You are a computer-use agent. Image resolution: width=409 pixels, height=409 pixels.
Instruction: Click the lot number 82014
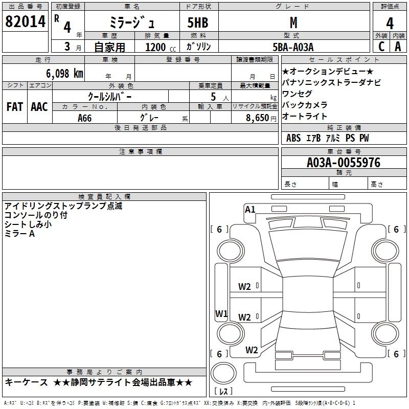click(x=25, y=22)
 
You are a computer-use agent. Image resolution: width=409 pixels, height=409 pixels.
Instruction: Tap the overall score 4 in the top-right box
click(x=390, y=23)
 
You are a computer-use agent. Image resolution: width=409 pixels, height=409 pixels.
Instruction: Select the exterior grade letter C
click(x=381, y=46)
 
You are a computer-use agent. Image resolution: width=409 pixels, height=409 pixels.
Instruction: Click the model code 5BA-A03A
click(x=293, y=47)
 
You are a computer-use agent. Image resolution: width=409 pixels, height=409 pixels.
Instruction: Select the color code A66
click(x=85, y=118)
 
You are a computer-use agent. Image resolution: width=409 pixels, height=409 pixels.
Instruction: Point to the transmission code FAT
click(x=15, y=107)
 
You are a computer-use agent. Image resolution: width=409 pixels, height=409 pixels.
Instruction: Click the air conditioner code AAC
click(x=39, y=107)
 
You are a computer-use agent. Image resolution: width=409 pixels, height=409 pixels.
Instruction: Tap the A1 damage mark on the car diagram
click(x=250, y=209)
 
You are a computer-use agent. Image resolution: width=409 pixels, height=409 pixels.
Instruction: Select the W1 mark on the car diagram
click(x=221, y=313)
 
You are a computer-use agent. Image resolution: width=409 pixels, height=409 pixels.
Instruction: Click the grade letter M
click(x=293, y=23)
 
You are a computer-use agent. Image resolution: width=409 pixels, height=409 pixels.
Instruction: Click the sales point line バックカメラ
click(x=305, y=105)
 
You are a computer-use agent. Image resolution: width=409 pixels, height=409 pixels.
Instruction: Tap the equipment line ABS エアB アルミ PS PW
click(x=327, y=138)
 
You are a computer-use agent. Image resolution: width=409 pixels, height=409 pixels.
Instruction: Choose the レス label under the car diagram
click(x=224, y=392)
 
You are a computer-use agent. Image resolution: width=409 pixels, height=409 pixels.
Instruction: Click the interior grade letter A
click(x=398, y=46)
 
